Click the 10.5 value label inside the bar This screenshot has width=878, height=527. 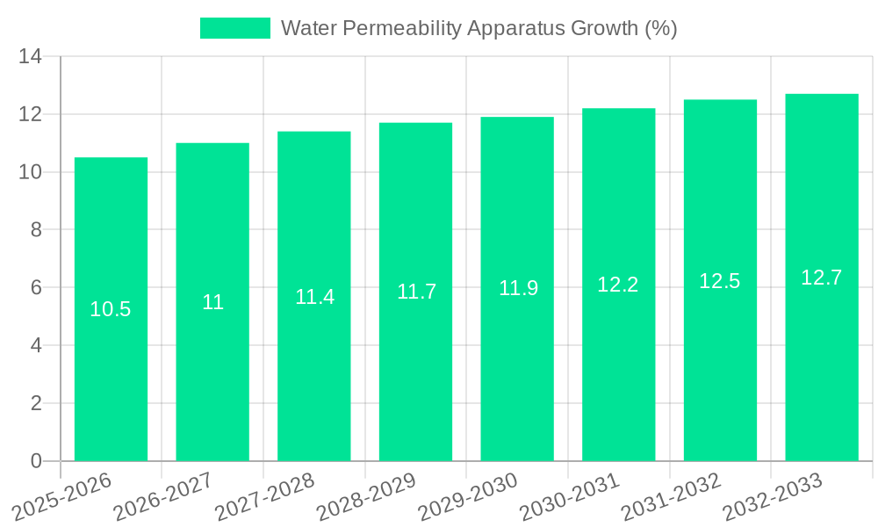coord(111,309)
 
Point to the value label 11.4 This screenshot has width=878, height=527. coord(314,297)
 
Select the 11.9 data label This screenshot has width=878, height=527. coord(518,288)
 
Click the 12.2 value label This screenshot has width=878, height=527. coord(618,285)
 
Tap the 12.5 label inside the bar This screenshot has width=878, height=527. coord(720,281)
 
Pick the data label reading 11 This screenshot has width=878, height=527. coord(212,302)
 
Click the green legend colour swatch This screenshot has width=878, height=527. coord(234,28)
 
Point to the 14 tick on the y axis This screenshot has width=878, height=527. coord(31,57)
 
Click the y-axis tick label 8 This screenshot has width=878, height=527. coord(36,230)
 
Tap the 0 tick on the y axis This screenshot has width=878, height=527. coord(36,461)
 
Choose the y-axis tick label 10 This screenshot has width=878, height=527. coord(31,172)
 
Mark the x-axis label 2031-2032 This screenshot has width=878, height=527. coord(671,496)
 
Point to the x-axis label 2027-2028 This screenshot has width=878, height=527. coord(264,496)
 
